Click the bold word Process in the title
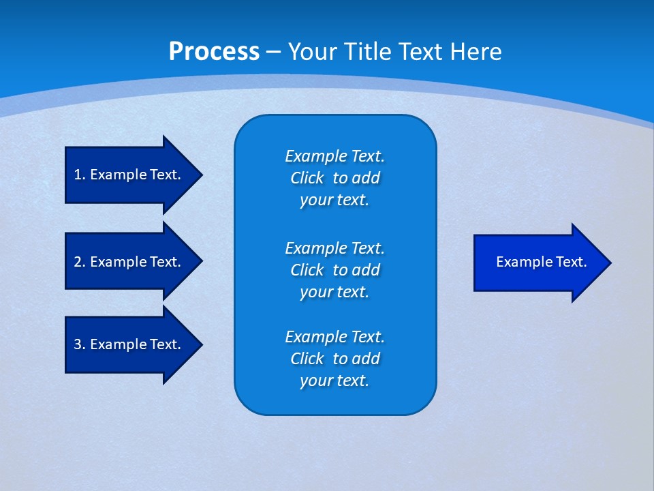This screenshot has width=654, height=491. coord(214,52)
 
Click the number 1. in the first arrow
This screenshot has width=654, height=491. coord(79,175)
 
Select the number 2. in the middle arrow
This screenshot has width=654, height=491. coord(79,262)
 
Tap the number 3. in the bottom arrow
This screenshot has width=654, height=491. coord(79,344)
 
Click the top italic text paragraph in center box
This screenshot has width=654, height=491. coord(334,178)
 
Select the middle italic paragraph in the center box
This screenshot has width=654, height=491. coord(334,270)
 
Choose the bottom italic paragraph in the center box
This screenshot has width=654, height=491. coord(334,359)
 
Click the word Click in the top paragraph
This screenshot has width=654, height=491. coord(307,178)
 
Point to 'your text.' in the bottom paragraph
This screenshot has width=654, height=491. coord(334,381)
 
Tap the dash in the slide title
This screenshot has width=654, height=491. coord(274,52)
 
